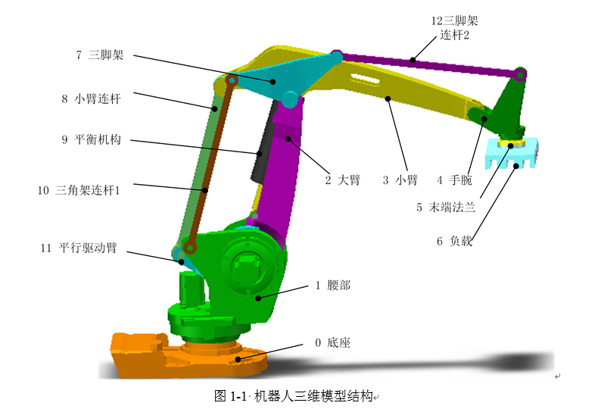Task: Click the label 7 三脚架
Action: click(x=100, y=55)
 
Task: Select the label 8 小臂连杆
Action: click(x=91, y=98)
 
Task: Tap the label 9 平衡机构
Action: click(x=91, y=139)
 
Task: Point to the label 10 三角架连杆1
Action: click(x=79, y=190)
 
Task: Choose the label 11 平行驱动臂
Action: click(x=79, y=248)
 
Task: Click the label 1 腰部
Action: click(x=333, y=285)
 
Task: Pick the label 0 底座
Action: click(x=332, y=342)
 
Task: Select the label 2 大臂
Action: click(x=342, y=180)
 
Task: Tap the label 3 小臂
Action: click(x=400, y=180)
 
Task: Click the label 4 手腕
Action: click(x=455, y=180)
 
